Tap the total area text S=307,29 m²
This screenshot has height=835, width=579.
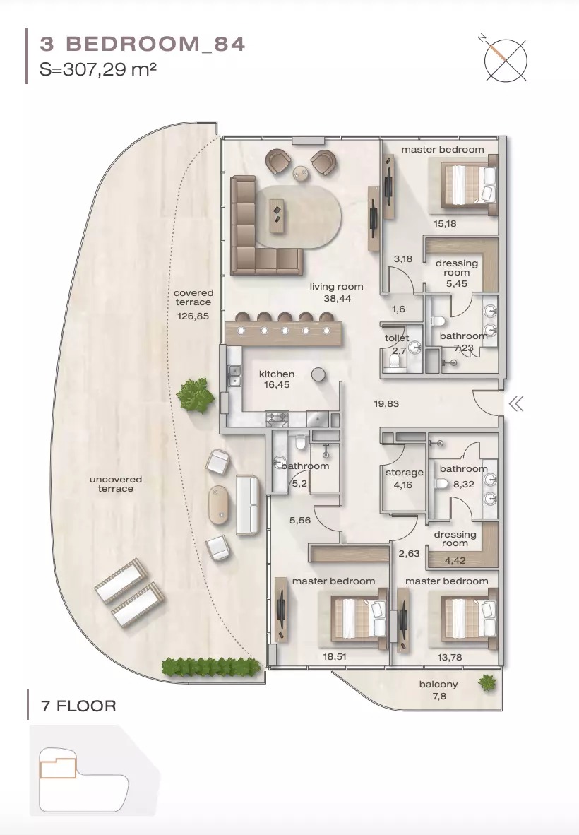[98, 70]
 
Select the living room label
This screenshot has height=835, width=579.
[336, 287]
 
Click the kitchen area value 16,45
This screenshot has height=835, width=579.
[276, 385]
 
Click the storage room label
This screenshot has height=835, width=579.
[404, 473]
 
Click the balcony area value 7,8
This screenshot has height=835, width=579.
[438, 696]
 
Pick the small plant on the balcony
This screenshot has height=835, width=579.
[487, 682]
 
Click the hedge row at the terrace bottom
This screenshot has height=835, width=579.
[210, 665]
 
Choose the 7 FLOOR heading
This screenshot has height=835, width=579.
[78, 706]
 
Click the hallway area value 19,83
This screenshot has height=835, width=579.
[387, 403]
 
